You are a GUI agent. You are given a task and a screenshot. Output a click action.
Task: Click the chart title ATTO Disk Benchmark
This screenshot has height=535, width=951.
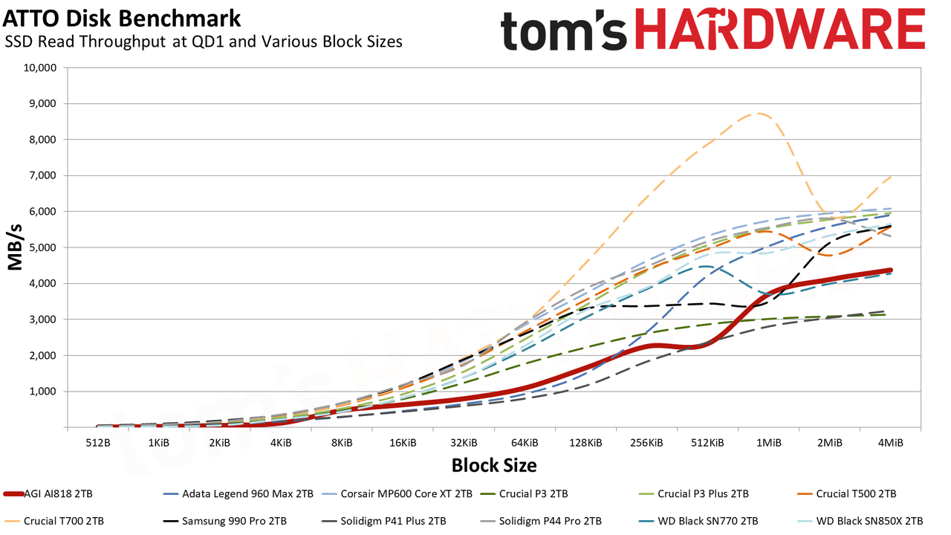tap(121, 19)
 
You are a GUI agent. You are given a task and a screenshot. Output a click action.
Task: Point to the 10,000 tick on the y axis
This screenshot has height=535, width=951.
tap(40, 68)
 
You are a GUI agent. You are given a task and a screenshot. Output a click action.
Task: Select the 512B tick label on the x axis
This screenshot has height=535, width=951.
tap(98, 443)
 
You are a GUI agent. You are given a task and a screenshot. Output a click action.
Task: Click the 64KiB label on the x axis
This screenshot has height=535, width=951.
tap(525, 443)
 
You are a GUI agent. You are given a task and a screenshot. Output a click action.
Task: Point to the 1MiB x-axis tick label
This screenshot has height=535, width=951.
tap(769, 443)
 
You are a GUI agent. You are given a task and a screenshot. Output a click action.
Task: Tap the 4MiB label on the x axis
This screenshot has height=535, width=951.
tap(891, 443)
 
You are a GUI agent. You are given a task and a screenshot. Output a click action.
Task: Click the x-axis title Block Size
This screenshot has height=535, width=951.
tap(494, 465)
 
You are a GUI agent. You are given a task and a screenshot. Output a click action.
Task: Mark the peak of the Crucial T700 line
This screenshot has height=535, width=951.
tap(758, 114)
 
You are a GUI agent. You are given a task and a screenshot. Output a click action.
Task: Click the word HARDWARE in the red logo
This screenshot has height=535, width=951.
tap(780, 30)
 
